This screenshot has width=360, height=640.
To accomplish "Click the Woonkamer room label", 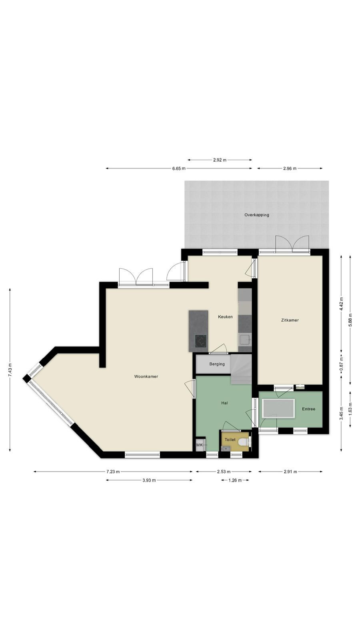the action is tap(146, 376).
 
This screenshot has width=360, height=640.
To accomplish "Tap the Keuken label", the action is tap(225, 316).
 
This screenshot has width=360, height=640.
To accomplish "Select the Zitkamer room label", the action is tap(290, 320).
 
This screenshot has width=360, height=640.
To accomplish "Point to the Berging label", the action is tap(217, 364).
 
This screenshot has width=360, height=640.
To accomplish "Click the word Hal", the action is tap(224, 403).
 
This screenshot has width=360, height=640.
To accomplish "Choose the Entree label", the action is tap(308, 409).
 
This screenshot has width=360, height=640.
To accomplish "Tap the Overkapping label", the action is tap(256, 215).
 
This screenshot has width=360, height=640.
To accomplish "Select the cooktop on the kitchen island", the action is tap(201, 340).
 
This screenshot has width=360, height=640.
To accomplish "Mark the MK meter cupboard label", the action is tap(200, 445).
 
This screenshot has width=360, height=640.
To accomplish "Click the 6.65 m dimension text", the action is tap(178, 168).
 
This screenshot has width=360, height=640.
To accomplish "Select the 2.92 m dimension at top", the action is tap(220, 160).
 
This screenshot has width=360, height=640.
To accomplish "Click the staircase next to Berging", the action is tap(241, 369).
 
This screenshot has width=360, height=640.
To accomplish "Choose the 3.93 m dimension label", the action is tap(149, 480).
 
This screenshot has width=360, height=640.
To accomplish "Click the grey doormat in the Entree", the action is tap(278, 408).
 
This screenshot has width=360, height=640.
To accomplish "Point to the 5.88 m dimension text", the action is tap(350, 320).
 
